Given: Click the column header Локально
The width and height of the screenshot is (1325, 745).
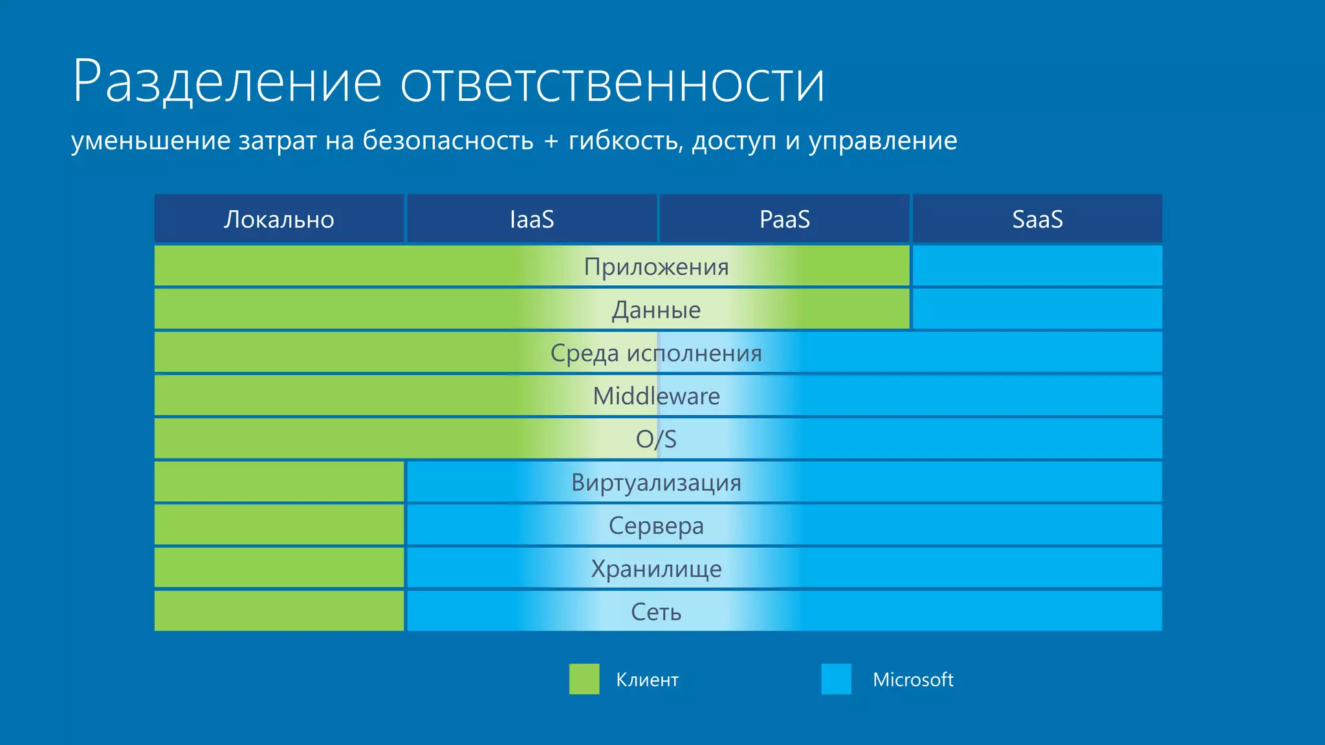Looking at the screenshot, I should pos(279,220).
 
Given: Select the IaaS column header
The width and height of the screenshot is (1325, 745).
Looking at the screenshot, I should pos(532,220).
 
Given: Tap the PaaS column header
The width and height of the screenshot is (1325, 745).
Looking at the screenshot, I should pos(784,220).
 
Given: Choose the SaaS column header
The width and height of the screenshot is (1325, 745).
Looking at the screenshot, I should pos(1037,220).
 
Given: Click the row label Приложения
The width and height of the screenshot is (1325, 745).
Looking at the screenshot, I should pos(656,266).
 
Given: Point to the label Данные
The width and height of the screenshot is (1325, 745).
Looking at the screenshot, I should pos(656,310).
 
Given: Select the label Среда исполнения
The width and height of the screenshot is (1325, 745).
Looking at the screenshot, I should pos(656,353).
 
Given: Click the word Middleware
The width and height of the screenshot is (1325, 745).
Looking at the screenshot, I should pos(656,396).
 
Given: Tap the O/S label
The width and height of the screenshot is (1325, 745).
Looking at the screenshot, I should pos(656,439).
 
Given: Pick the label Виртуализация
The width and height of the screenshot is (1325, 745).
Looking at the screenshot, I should pos(656,482).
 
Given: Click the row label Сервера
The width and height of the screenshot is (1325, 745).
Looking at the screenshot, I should pos(656,526).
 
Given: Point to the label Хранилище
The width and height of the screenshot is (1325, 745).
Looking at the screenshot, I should pos(656,569).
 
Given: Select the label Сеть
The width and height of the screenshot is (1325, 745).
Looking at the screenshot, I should pos(656,612).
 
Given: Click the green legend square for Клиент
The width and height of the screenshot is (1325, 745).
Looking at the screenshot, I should pos(584,679).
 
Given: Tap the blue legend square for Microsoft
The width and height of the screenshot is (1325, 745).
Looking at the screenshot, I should pos(836,679).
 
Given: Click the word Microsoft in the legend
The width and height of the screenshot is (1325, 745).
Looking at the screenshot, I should pos(912,680).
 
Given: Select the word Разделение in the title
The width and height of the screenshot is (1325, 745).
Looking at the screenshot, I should pos(226,82).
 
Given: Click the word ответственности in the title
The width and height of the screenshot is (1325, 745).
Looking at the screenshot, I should pos(611,82).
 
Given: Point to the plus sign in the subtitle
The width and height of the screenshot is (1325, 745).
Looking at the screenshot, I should pos(551,141).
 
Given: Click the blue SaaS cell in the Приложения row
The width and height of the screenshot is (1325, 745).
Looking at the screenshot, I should pos(1037,266).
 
